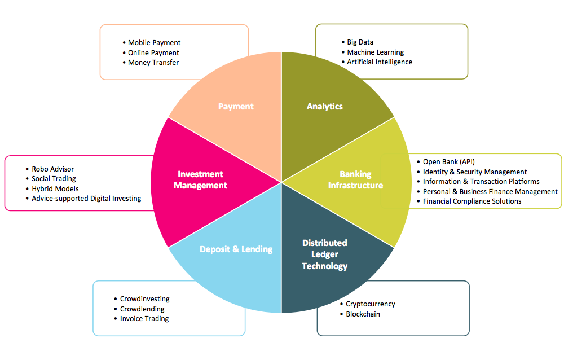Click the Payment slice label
coord(236,107)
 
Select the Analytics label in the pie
coord(325,107)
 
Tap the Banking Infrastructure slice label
coord(355,179)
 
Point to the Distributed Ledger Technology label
coord(325,254)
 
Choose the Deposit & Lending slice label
coord(236,249)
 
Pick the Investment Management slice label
coord(200,179)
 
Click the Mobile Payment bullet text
coord(155,43)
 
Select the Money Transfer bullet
coord(153,63)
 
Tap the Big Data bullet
coord(360,42)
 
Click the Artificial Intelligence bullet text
coord(380,62)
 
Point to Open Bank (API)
coord(448,162)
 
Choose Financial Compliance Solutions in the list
coord(472,201)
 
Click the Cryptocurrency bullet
coord(371,304)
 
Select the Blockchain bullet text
coord(363,314)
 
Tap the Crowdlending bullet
coord(142,309)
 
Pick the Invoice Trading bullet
coord(144,319)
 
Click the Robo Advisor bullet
coord(52,169)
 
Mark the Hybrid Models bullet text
coord(55,189)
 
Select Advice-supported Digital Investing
coord(86,199)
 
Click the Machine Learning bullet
coord(375,52)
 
